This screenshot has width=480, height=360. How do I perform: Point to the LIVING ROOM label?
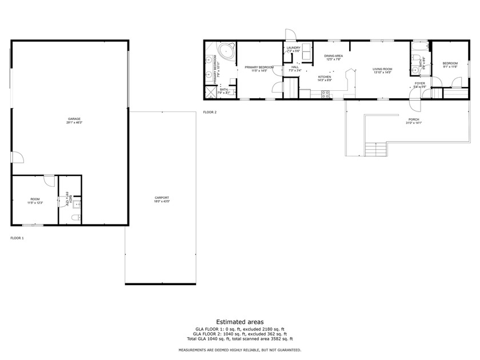pyautogui.click(x=382, y=69)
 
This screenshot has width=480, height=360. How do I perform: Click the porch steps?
pyautogui.click(x=376, y=149)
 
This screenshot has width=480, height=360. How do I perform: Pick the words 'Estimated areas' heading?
pyautogui.click(x=239, y=322)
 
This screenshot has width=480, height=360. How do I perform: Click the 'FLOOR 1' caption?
pyautogui.click(x=17, y=238)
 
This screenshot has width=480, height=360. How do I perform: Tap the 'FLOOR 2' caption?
pyautogui.click(x=210, y=112)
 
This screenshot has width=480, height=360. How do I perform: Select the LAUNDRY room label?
pyautogui.click(x=293, y=48)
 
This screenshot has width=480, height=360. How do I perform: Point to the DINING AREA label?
pyautogui.click(x=333, y=56)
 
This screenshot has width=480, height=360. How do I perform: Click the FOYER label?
pyautogui.click(x=419, y=83)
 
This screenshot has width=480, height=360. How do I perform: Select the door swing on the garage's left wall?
pyautogui.click(x=17, y=157)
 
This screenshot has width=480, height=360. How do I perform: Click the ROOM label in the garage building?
pyautogui.click(x=35, y=199)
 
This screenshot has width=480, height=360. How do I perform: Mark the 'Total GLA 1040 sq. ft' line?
pyautogui.click(x=239, y=338)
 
